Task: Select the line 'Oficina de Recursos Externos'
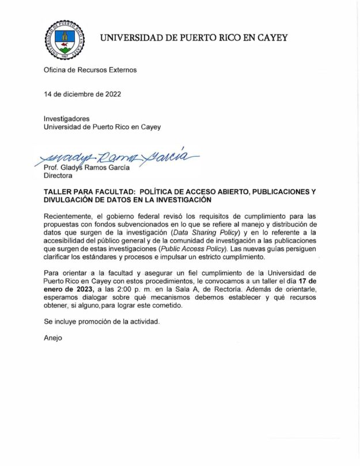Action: click(90, 70)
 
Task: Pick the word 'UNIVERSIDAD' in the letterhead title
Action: click(133, 38)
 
